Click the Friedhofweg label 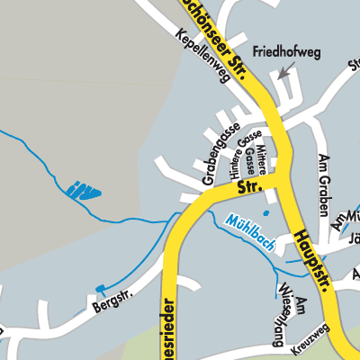(x=287, y=52)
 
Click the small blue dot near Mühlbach (x=265, y=213)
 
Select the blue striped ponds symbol (x=83, y=190)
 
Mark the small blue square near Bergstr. (x=101, y=288)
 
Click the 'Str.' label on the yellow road (x=247, y=188)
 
